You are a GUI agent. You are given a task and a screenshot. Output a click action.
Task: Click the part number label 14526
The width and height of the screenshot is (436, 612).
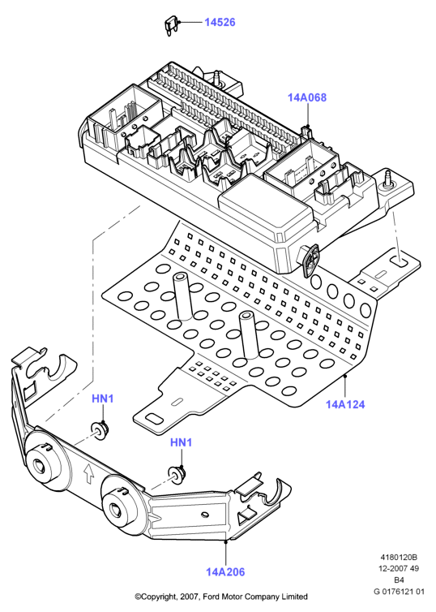click(220, 22)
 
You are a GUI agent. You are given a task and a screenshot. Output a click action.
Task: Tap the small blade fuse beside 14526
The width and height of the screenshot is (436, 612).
click(172, 26)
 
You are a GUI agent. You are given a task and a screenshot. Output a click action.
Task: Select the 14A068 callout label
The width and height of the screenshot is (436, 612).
click(307, 97)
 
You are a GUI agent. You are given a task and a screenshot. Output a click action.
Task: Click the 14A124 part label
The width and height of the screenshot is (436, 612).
click(345, 404)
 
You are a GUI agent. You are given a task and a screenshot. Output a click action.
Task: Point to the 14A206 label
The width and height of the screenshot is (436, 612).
click(225, 571)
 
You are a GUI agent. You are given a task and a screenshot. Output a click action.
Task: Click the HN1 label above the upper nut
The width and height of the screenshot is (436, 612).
click(103, 399)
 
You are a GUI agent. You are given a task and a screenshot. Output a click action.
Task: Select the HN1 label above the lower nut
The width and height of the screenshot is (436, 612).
click(182, 442)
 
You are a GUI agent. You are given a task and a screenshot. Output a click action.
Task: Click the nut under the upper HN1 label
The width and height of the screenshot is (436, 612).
click(100, 429)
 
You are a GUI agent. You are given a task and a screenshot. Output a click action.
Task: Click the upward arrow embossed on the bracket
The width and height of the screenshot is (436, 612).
click(89, 473)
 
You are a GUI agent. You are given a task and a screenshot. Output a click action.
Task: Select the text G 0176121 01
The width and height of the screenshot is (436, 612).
click(399, 591)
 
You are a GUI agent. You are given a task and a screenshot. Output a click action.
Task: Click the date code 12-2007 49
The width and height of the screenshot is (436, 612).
click(399, 568)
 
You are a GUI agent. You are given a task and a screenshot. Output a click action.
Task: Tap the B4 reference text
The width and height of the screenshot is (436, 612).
click(399, 580)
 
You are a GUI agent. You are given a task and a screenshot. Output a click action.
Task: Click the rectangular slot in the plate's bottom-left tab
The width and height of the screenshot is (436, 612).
click(155, 419)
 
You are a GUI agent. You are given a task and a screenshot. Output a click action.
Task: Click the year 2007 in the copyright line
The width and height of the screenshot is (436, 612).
click(190, 597)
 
